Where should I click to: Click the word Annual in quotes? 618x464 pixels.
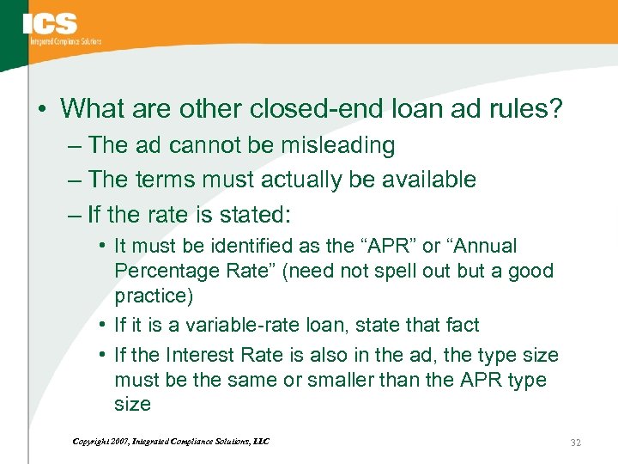click(x=482, y=246)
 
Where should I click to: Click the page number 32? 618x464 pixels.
click(x=576, y=443)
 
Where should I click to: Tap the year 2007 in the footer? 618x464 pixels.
click(x=119, y=442)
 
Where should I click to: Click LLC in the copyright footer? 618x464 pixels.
click(x=261, y=442)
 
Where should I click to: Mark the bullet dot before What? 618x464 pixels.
click(x=42, y=110)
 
